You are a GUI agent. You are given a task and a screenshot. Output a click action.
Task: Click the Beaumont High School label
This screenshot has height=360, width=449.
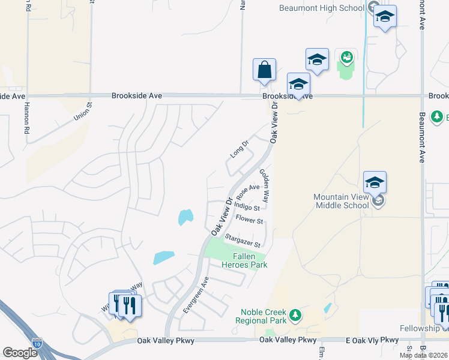coord(322,8)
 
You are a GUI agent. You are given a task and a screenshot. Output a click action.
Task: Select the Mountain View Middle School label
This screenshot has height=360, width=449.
coord(341,201)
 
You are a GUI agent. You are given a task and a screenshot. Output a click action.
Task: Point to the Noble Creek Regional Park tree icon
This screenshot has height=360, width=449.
coord(294,315)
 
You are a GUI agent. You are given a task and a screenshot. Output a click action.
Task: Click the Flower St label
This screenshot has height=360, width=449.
coord(250,220)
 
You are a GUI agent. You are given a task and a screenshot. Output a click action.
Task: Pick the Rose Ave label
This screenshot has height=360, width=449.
coord(248,191)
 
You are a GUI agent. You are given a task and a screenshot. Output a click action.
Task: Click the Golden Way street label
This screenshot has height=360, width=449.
coord(265,185)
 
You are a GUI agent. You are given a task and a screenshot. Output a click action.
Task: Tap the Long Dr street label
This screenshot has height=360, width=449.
coord(239,149)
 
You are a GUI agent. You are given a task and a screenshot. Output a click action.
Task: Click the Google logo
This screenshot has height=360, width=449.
coord(20,353)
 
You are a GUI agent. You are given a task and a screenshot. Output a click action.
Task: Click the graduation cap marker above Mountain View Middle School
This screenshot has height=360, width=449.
coord(375,181)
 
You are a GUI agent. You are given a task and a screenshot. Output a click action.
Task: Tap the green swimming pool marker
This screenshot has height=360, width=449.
coord(346,58)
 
